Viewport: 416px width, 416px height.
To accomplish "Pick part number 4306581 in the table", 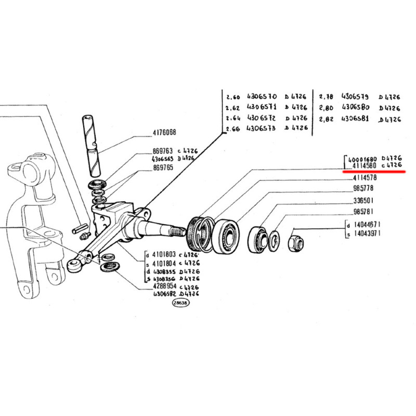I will (x=355, y=119).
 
